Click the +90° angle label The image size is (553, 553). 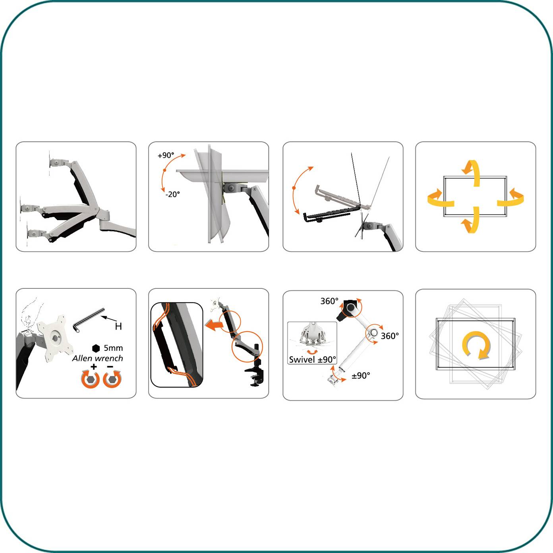[x=166, y=155]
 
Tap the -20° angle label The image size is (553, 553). [x=172, y=194]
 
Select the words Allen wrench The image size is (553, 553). [x=98, y=358]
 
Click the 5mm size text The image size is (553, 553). [x=113, y=348]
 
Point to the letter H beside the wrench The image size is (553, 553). [x=118, y=326]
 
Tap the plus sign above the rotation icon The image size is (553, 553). [x=93, y=366]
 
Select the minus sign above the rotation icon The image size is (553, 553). [x=110, y=366]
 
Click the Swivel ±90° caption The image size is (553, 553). [x=312, y=360]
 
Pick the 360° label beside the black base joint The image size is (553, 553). [x=329, y=301]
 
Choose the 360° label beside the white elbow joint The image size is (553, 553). [x=390, y=336]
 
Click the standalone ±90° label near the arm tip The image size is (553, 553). [x=361, y=376]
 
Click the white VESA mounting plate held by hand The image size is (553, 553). [x=55, y=338]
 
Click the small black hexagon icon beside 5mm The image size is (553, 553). [x=96, y=348]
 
